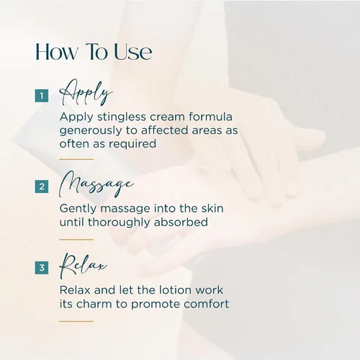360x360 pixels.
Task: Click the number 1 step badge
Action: tap(42, 96)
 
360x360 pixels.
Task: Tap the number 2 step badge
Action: tap(42, 186)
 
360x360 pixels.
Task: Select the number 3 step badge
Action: tap(42, 267)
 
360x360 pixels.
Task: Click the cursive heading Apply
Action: tap(86, 92)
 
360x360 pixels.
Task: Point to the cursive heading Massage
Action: tap(96, 184)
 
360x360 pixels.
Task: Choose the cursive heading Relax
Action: tap(83, 266)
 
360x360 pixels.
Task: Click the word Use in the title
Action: tap(132, 52)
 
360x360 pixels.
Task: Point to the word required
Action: tap(132, 144)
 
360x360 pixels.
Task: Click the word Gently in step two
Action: tap(78, 209)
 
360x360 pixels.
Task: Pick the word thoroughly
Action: tap(119, 222)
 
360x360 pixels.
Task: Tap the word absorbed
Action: tap(181, 222)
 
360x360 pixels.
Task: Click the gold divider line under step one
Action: tap(76, 159)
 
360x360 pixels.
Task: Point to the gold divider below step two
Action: tap(76, 240)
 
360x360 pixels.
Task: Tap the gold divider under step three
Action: tap(76, 321)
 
